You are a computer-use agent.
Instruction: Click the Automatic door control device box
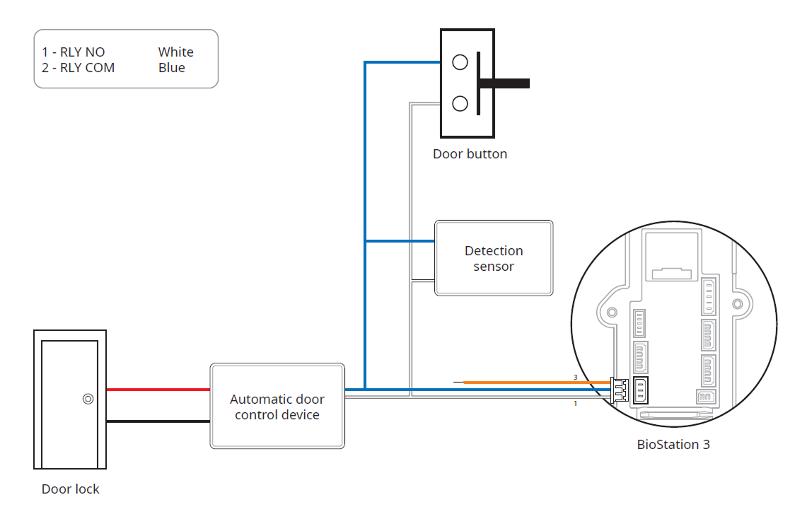coord(277,406)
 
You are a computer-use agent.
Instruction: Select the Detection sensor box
coord(494,258)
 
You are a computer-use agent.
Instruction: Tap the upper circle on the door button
coord(460,62)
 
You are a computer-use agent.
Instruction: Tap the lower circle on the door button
coord(460,104)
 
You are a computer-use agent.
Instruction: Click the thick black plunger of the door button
coord(504,83)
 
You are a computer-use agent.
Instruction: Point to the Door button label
coord(470,153)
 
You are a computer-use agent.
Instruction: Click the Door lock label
coord(70,489)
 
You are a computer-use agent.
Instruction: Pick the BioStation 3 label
coord(673,445)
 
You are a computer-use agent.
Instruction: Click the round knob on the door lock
coord(88,399)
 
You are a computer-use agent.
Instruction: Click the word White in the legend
coord(175,52)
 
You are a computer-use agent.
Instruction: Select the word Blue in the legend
coord(172,68)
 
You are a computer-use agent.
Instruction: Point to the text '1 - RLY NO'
coord(73,52)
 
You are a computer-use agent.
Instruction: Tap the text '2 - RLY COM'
coord(78,68)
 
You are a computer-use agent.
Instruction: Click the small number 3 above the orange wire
coord(575,378)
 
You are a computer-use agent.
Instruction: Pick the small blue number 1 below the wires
coord(575,403)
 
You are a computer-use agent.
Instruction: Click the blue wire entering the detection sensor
coord(400,241)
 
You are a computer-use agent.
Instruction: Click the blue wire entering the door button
coord(403,62)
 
